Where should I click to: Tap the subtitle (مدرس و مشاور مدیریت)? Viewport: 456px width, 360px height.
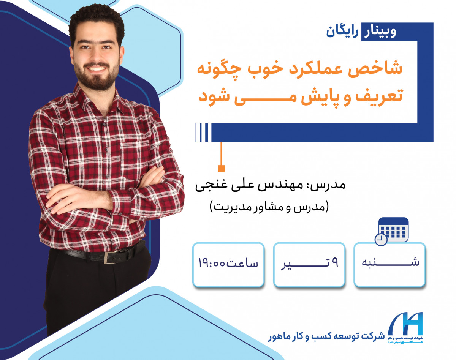point(268,207)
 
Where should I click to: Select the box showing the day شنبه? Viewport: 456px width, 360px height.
point(389,264)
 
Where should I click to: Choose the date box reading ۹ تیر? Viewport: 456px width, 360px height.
point(309,264)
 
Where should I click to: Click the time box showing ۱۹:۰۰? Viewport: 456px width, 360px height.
point(228,264)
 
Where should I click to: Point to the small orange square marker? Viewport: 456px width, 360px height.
point(222,168)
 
